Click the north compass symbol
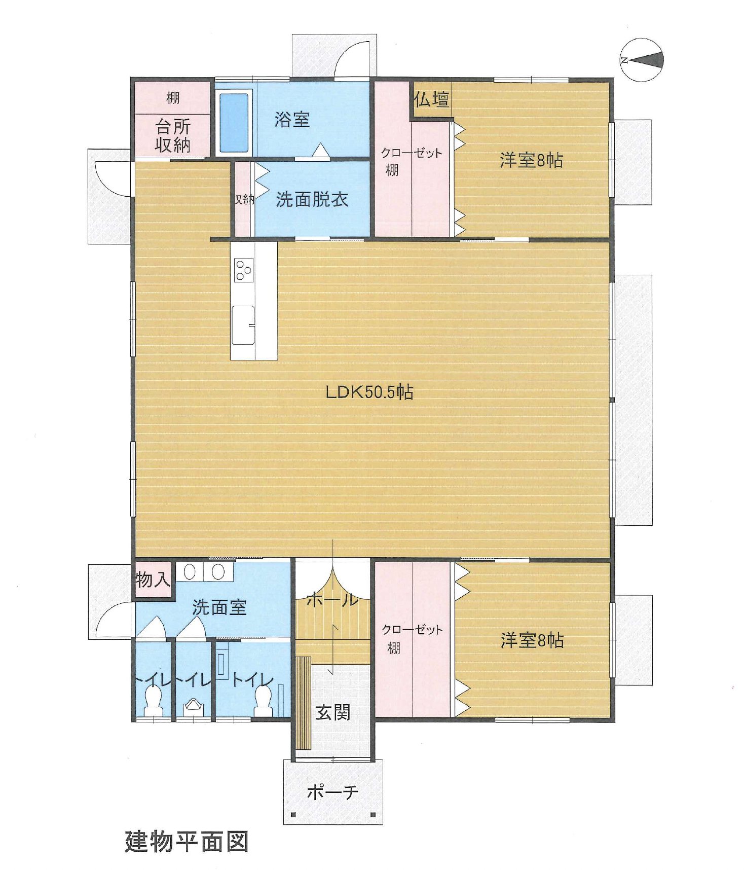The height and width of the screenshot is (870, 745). pyautogui.click(x=642, y=60)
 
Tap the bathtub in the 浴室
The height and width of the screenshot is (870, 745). pyautogui.click(x=234, y=123)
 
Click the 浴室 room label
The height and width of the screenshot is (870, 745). pyautogui.click(x=292, y=120)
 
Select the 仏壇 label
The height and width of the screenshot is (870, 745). pyautogui.click(x=431, y=99)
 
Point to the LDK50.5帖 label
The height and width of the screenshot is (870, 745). pyautogui.click(x=369, y=392)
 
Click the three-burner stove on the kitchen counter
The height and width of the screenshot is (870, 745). pyautogui.click(x=244, y=270)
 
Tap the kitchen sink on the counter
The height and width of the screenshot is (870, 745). pyautogui.click(x=243, y=325)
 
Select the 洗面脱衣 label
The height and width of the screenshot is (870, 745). pyautogui.click(x=312, y=200)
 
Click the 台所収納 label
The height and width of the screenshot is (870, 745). pyautogui.click(x=173, y=136)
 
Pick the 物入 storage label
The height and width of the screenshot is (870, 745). pyautogui.click(x=153, y=579)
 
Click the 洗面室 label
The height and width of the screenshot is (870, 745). pyautogui.click(x=219, y=607)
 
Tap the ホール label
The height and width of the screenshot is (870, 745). pyautogui.click(x=332, y=600)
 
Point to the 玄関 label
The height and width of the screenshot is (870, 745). pyautogui.click(x=332, y=712)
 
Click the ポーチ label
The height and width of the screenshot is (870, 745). pyautogui.click(x=332, y=792)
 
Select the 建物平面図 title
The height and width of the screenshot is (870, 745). pyautogui.click(x=187, y=842)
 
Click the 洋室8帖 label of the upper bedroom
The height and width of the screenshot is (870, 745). pyautogui.click(x=532, y=160)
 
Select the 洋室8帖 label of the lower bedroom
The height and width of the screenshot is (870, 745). pyautogui.click(x=532, y=640)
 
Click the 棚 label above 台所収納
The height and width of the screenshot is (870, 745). pyautogui.click(x=173, y=98)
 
